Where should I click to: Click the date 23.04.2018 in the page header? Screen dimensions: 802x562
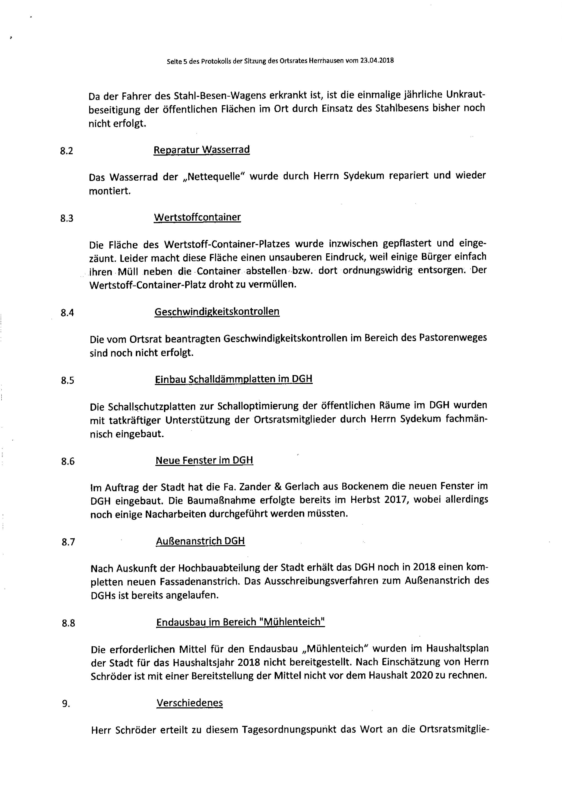tap(375, 60)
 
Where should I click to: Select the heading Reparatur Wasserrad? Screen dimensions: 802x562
tap(201, 150)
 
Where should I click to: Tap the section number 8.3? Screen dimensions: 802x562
tap(67, 218)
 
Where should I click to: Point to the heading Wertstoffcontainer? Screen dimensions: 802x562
tap(197, 217)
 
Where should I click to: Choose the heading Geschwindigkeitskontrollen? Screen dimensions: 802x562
tap(217, 311)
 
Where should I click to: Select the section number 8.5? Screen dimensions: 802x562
tap(67, 380)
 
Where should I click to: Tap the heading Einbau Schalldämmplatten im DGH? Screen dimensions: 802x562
tap(234, 379)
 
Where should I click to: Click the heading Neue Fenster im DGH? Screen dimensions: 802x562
tap(204, 460)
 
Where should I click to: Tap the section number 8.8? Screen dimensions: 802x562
tap(68, 623)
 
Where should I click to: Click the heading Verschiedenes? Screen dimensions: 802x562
tap(190, 703)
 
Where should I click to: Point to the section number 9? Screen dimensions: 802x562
tap(66, 704)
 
